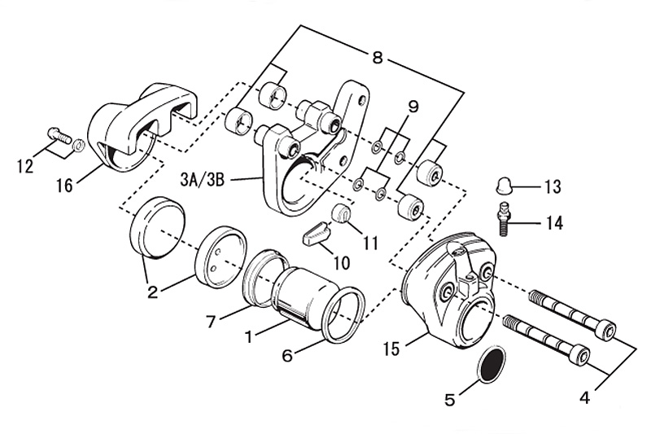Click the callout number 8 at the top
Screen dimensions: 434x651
377,58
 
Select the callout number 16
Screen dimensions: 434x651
63,186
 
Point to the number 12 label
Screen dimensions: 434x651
24,166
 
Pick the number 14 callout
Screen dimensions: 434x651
553,221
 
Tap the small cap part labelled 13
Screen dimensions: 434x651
503,186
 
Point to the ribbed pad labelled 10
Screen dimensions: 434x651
317,238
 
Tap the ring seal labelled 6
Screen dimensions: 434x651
340,314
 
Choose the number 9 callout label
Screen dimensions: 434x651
413,107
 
